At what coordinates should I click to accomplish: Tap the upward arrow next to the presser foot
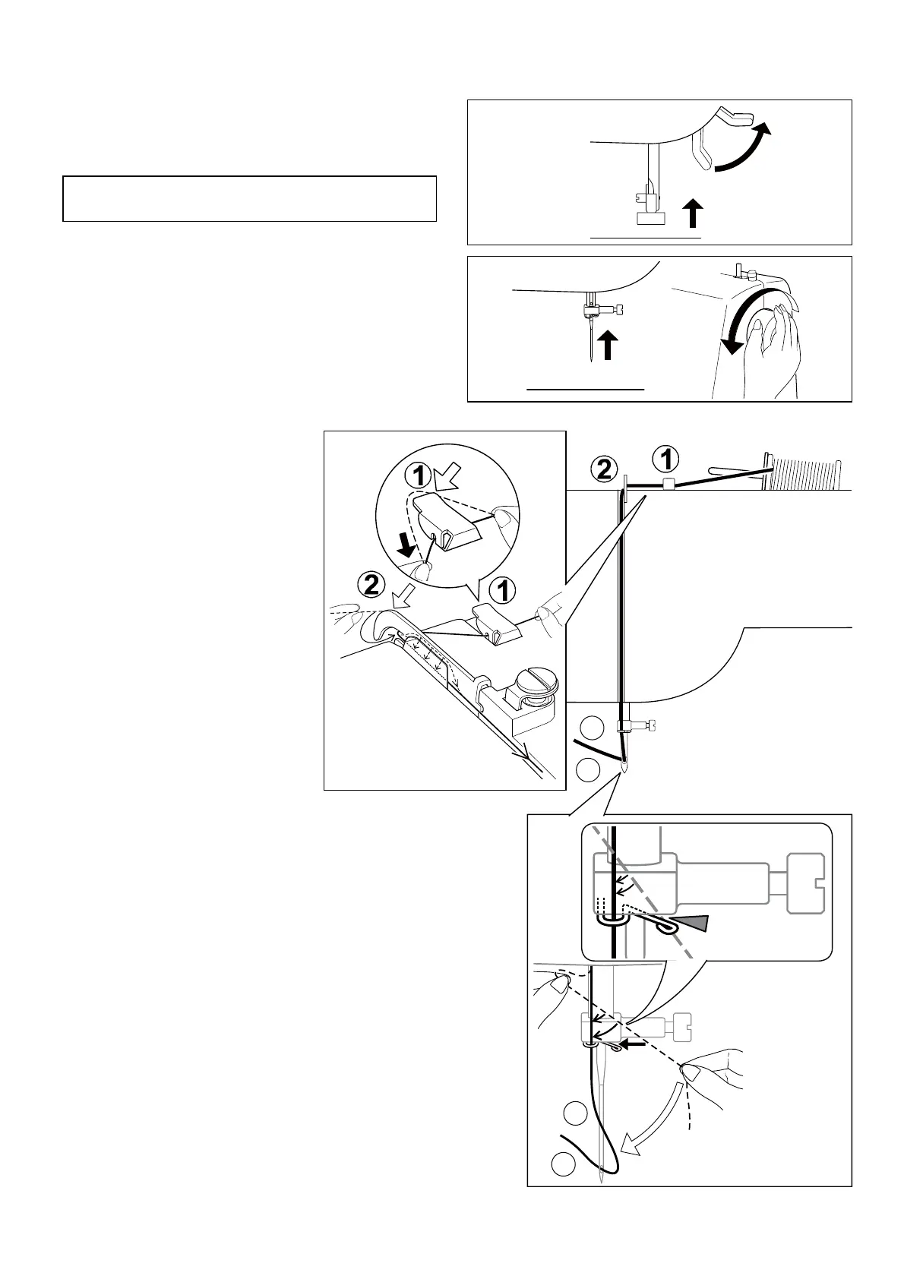(x=692, y=212)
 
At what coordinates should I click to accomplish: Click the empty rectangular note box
(x=249, y=198)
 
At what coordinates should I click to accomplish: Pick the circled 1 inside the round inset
(x=419, y=475)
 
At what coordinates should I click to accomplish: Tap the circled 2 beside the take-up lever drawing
(x=371, y=585)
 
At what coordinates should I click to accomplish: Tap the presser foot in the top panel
(x=649, y=218)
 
